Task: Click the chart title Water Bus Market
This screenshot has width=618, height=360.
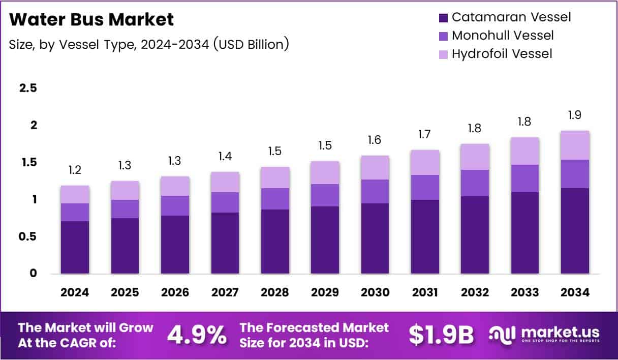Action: [x=91, y=20]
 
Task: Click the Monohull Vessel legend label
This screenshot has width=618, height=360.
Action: [x=502, y=36]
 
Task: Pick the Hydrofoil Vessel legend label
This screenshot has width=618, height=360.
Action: [x=502, y=53]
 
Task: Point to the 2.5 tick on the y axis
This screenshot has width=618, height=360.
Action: [x=28, y=88]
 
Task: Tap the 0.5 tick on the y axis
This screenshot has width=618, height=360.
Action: [x=28, y=236]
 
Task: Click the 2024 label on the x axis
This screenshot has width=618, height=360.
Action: [x=75, y=292]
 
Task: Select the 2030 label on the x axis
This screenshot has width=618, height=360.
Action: [x=375, y=292]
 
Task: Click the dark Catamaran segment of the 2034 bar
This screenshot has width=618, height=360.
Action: [x=575, y=231]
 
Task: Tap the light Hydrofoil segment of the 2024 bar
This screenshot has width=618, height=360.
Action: [x=75, y=194]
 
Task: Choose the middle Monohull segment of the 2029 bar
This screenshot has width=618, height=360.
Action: [x=325, y=195]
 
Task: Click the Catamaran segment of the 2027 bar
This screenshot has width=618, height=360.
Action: [x=225, y=243]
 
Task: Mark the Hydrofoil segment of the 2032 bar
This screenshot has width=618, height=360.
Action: [x=475, y=157]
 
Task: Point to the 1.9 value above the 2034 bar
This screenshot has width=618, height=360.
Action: [x=575, y=115]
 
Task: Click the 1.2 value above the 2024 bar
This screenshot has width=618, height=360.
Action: [x=75, y=170]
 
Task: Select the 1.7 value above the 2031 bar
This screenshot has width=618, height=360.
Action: [x=425, y=135]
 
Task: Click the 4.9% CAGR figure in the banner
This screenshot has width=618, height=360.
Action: [x=197, y=335]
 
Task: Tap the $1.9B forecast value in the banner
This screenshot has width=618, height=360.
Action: [x=441, y=335]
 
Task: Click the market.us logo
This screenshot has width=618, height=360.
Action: [x=544, y=335]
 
